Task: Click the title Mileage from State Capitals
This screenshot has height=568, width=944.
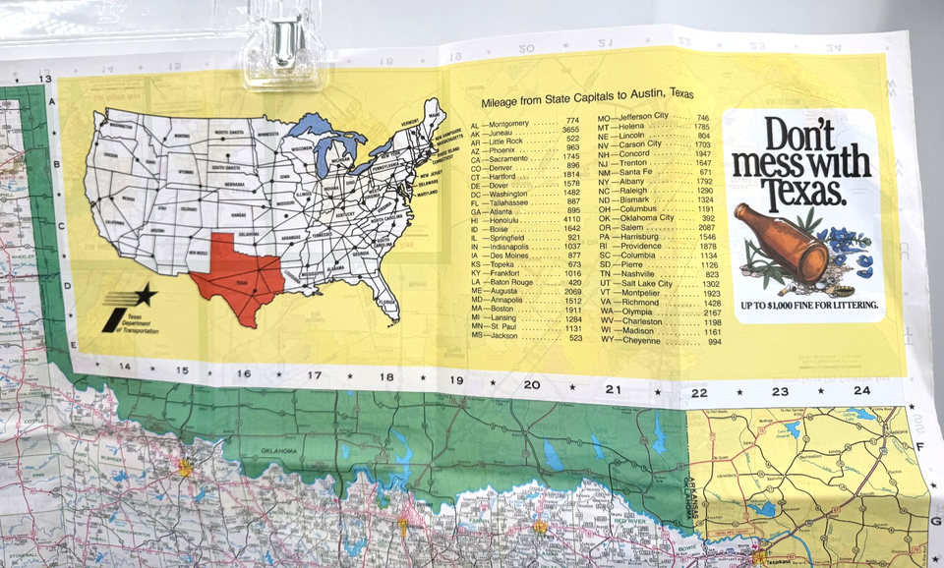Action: tap(587, 97)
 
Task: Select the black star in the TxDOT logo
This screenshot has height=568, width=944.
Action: tap(145, 294)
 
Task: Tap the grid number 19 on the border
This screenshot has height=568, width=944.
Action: tap(456, 379)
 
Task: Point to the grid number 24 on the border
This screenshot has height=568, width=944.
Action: tap(861, 390)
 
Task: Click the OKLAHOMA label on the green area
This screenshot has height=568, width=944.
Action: tap(278, 451)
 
